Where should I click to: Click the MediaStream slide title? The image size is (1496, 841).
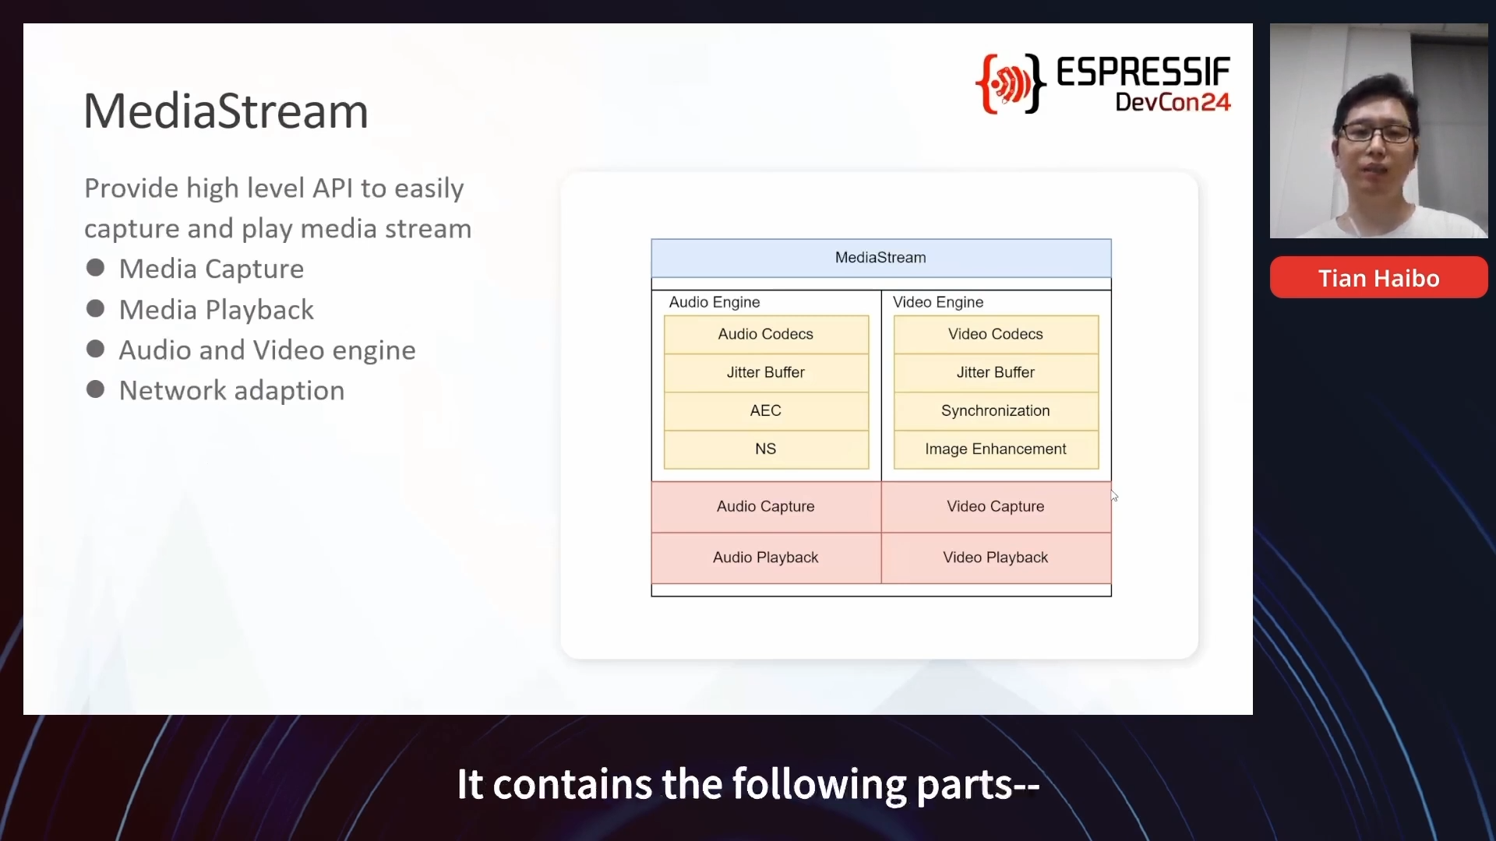pyautogui.click(x=226, y=111)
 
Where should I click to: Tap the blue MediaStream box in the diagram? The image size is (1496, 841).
pyautogui.click(x=881, y=258)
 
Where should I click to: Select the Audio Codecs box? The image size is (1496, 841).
pyautogui.click(x=766, y=334)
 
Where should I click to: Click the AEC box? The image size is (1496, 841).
pyautogui.click(x=766, y=410)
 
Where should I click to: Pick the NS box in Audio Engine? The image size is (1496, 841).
pyautogui.click(x=766, y=449)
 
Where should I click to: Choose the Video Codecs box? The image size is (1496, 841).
pyautogui.click(x=996, y=334)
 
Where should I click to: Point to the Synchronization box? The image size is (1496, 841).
pyautogui.click(x=996, y=410)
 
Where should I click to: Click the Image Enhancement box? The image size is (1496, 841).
pyautogui.click(x=996, y=449)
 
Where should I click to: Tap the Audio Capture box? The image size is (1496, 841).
pyautogui.click(x=766, y=507)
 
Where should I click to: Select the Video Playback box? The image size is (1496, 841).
pyautogui.click(x=996, y=558)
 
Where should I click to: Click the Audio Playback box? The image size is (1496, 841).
pyautogui.click(x=766, y=558)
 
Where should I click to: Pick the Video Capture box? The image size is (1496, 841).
pyautogui.click(x=996, y=507)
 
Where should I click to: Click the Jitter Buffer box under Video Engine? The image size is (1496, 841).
pyautogui.click(x=996, y=372)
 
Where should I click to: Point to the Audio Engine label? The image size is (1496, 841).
pyautogui.click(x=714, y=302)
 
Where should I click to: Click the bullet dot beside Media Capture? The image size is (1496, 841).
pyautogui.click(x=96, y=268)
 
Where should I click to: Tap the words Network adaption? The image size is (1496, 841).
pyautogui.click(x=231, y=390)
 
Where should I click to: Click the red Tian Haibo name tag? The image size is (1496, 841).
pyautogui.click(x=1378, y=277)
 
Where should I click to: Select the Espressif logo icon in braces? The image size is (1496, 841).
pyautogui.click(x=1011, y=84)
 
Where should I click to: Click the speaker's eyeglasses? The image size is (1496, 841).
pyautogui.click(x=1376, y=132)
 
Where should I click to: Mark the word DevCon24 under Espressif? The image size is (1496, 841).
pyautogui.click(x=1173, y=102)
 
